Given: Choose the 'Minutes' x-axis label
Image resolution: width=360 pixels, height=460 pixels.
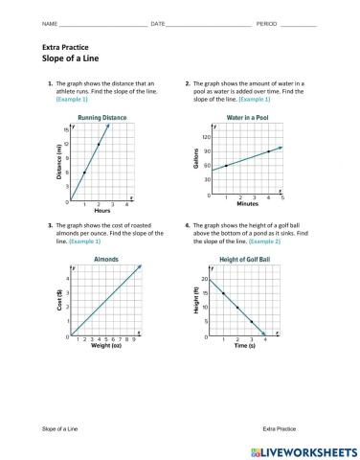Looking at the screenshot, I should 247,203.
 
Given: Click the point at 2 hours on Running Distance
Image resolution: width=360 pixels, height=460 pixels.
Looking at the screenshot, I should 99,144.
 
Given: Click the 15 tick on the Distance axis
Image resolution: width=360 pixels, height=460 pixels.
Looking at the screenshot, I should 66,129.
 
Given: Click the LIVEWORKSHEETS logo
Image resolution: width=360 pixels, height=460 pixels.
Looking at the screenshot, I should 304,449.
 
